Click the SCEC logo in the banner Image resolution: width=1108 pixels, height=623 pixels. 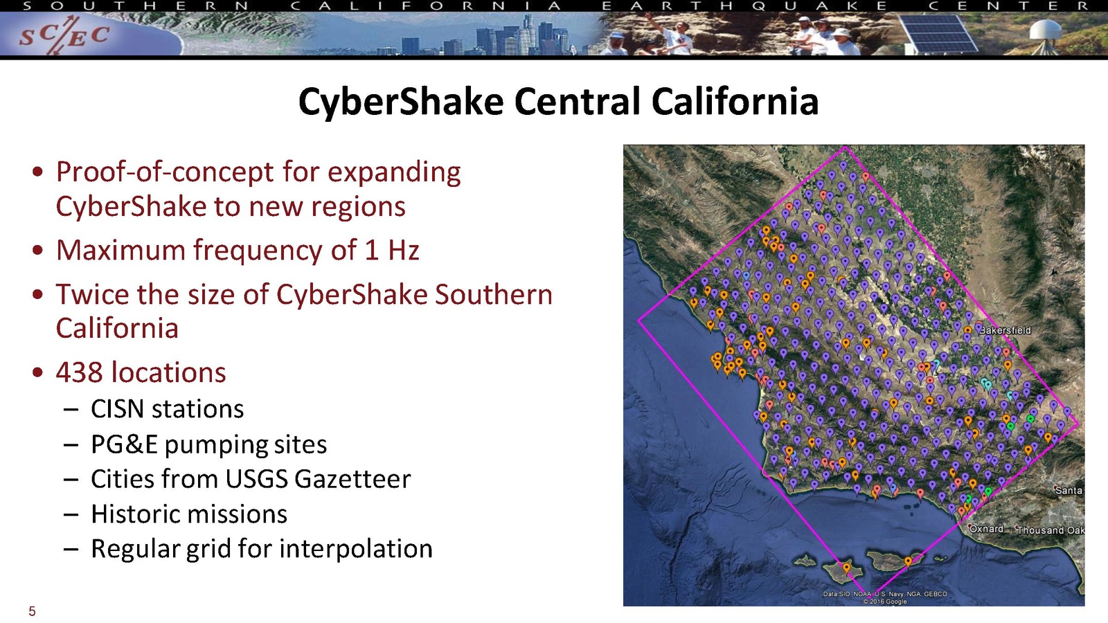pos(64,35)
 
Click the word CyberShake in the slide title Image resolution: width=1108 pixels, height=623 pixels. pos(401,101)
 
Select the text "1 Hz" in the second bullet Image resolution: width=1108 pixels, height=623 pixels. pos(392,250)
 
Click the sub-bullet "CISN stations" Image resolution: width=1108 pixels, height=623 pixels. pos(167,409)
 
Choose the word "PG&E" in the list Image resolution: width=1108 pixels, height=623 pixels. pos(124,444)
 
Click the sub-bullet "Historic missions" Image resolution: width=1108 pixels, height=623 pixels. pos(189,514)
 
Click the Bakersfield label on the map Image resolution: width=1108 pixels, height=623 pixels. pos(1005,329)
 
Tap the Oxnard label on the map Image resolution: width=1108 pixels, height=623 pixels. pos(986,529)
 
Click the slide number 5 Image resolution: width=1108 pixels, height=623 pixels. pos(32,611)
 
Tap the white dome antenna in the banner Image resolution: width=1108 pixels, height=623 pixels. pos(1046,30)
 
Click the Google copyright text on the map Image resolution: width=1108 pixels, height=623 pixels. pos(885,602)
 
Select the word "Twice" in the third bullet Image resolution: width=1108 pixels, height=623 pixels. pos(93,294)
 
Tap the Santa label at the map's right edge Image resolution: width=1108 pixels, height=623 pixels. pos(1069,491)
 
